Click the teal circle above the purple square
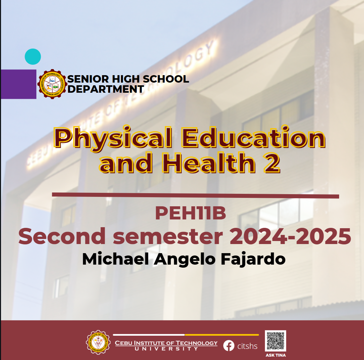(33, 57)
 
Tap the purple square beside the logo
(19, 84)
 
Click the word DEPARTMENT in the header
(106, 89)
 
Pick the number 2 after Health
(272, 163)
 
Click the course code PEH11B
(190, 214)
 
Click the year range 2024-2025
(290, 237)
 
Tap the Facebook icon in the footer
(229, 346)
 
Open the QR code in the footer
(275, 341)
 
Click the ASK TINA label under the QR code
(275, 355)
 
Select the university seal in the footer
(98, 342)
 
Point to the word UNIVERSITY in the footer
(166, 349)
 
